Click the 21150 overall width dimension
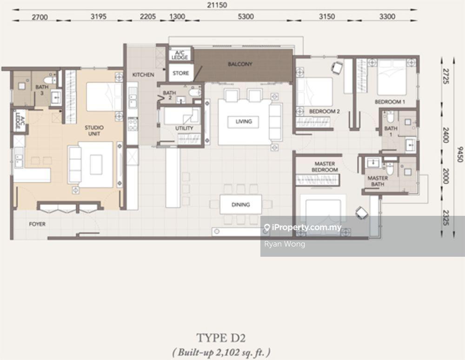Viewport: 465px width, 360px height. pos(217,5)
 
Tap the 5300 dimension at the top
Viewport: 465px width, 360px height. pos(246,17)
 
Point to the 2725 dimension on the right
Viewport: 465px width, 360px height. pos(446,76)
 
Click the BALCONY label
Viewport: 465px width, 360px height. pos(240,64)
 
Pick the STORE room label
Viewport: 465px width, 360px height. pos(180,73)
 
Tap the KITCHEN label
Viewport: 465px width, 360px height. pos(143,75)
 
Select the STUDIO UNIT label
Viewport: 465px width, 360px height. pos(94,131)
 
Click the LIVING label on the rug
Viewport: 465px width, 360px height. pos(244,121)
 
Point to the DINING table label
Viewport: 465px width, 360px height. pos(240,204)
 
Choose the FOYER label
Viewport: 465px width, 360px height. pos(37,224)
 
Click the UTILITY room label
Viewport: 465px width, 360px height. pos(184,128)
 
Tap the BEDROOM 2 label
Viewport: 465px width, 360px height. pos(325,111)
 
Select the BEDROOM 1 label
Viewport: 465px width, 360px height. pos(390,102)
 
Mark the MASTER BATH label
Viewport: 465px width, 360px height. pos(378,181)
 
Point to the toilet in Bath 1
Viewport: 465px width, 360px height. pos(390,117)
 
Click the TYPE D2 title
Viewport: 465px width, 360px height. pos(221,338)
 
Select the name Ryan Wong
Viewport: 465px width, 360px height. pos(285,244)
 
